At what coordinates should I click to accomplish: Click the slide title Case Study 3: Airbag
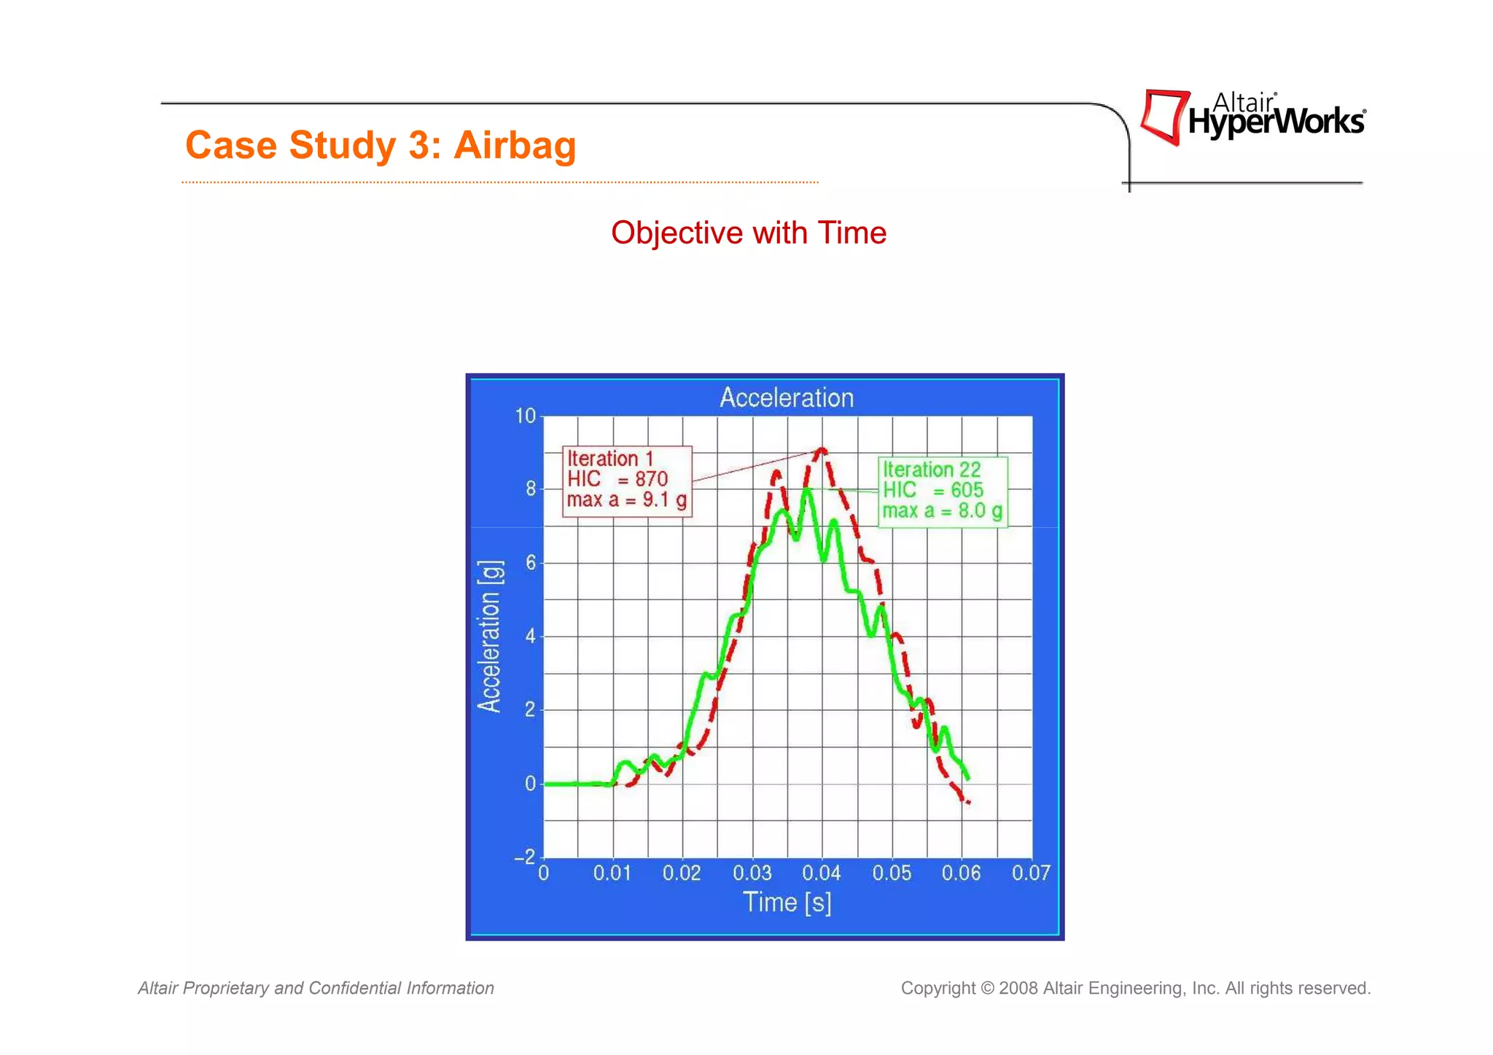click(381, 144)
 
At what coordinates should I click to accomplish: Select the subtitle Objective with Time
click(748, 233)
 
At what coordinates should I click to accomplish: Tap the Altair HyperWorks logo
click(1252, 117)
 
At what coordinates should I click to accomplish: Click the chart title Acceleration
click(786, 398)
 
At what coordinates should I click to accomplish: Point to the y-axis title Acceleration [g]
click(490, 636)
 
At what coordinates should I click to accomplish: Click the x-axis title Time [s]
click(787, 903)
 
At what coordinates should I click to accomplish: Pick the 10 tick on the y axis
click(525, 416)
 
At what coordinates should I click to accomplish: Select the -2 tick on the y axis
click(525, 857)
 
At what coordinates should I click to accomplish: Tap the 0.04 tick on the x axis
click(822, 873)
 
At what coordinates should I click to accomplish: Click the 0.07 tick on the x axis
click(1031, 873)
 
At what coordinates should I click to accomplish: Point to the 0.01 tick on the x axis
click(612, 873)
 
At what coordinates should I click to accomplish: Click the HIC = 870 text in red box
click(617, 479)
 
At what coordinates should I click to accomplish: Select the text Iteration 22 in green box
click(932, 470)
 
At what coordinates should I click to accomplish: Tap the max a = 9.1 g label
click(626, 500)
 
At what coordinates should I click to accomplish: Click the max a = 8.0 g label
click(942, 511)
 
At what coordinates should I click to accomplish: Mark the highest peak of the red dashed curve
click(822, 449)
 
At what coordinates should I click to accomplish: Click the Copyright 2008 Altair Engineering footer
click(1135, 989)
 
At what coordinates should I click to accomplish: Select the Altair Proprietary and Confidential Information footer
click(316, 989)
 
